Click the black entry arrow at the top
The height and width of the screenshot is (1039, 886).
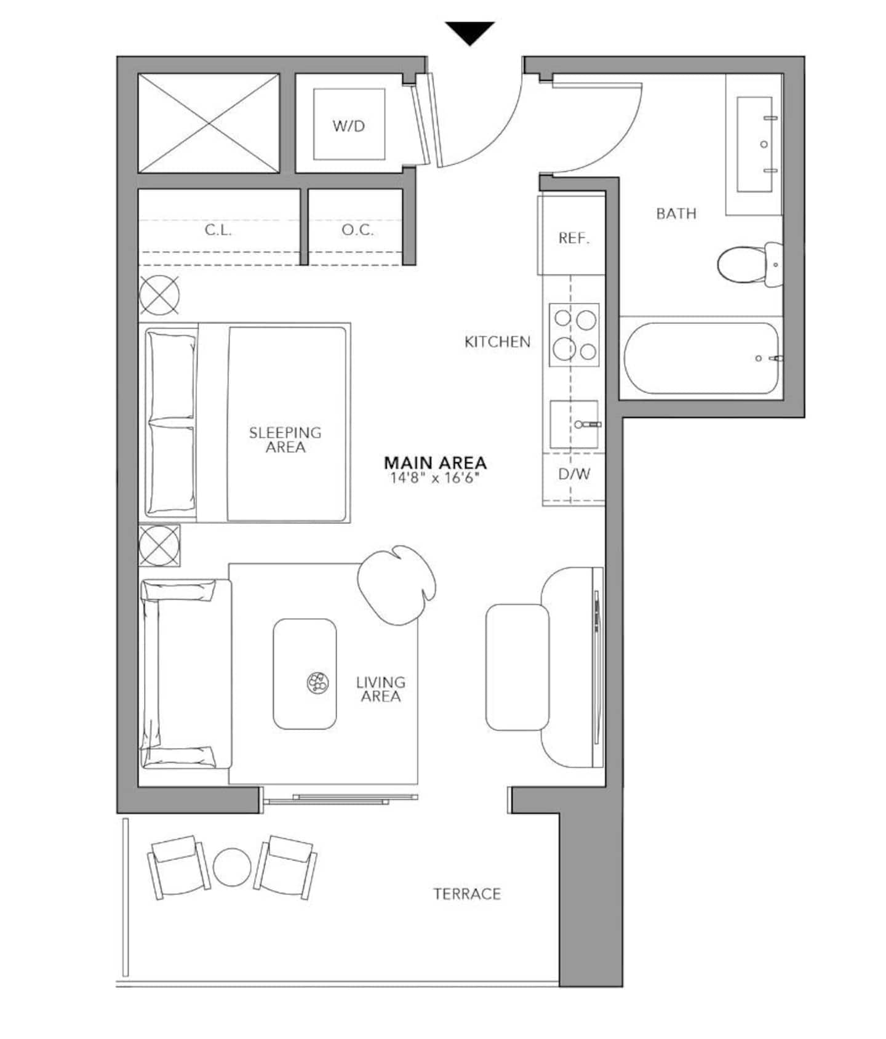[x=470, y=32]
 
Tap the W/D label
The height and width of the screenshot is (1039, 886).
[x=349, y=126]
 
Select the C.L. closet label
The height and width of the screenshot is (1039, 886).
[x=218, y=230]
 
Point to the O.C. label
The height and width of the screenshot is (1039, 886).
[x=357, y=230]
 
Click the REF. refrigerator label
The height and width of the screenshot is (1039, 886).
[x=573, y=238]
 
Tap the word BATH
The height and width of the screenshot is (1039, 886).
[x=676, y=214]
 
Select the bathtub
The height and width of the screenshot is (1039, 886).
[x=701, y=358]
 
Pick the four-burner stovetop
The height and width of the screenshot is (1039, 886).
[x=574, y=335]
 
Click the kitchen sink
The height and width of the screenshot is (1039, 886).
[x=574, y=424]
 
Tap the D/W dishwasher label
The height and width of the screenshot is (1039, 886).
[x=574, y=474]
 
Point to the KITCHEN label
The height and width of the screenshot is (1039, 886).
[x=497, y=342]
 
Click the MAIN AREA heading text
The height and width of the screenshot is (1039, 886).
[x=435, y=462]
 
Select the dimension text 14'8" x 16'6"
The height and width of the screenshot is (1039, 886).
[x=434, y=478]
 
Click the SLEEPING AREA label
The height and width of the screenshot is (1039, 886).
[x=285, y=439]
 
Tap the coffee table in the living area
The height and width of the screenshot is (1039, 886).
[x=305, y=674]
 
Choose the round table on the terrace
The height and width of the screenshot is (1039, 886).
[x=232, y=867]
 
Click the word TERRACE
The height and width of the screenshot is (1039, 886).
[x=467, y=894]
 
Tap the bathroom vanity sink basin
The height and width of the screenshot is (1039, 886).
[x=755, y=144]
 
